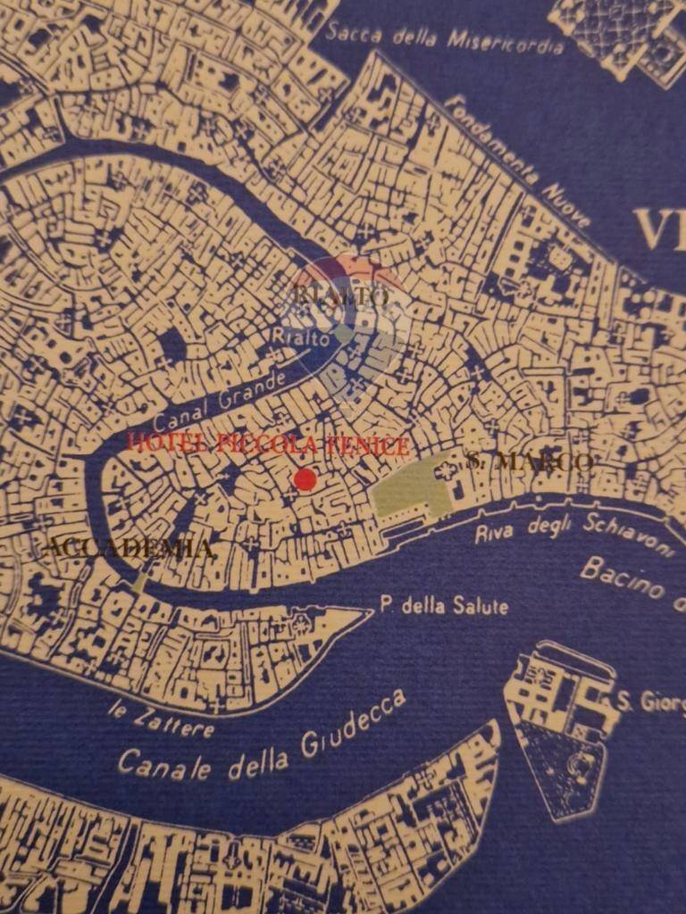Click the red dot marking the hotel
305,479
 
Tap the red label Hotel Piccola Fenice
268,444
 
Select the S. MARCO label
530,461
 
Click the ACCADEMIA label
128,548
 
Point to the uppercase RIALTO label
340,295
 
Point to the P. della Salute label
444,606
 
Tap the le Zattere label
161,720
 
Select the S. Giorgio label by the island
650,702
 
